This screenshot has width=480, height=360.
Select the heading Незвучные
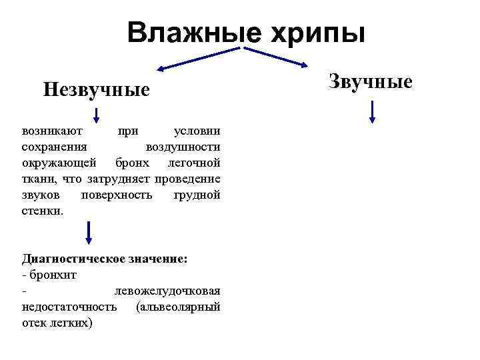97,89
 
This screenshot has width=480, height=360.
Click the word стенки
43,211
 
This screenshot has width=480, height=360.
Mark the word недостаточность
69,307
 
